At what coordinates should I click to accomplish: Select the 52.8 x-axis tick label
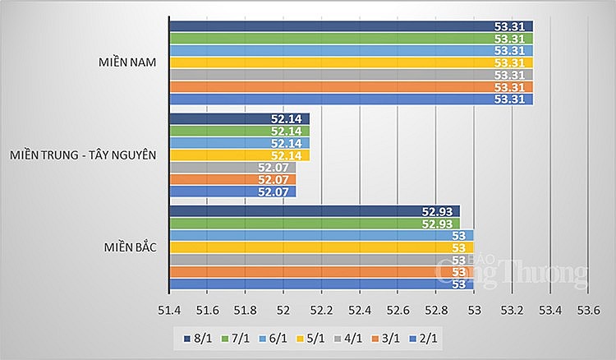click(x=436, y=310)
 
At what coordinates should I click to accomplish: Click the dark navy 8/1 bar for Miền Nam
click(x=351, y=25)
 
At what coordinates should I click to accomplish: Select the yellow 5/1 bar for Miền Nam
click(x=351, y=62)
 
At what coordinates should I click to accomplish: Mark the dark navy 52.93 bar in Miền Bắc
click(x=315, y=211)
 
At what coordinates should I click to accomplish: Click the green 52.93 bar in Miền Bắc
click(x=315, y=224)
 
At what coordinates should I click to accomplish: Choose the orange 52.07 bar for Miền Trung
click(x=232, y=180)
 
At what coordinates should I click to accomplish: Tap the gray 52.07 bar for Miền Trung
click(x=232, y=168)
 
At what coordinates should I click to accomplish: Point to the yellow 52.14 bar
click(x=239, y=155)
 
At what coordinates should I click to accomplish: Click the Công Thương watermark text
click(x=509, y=270)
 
